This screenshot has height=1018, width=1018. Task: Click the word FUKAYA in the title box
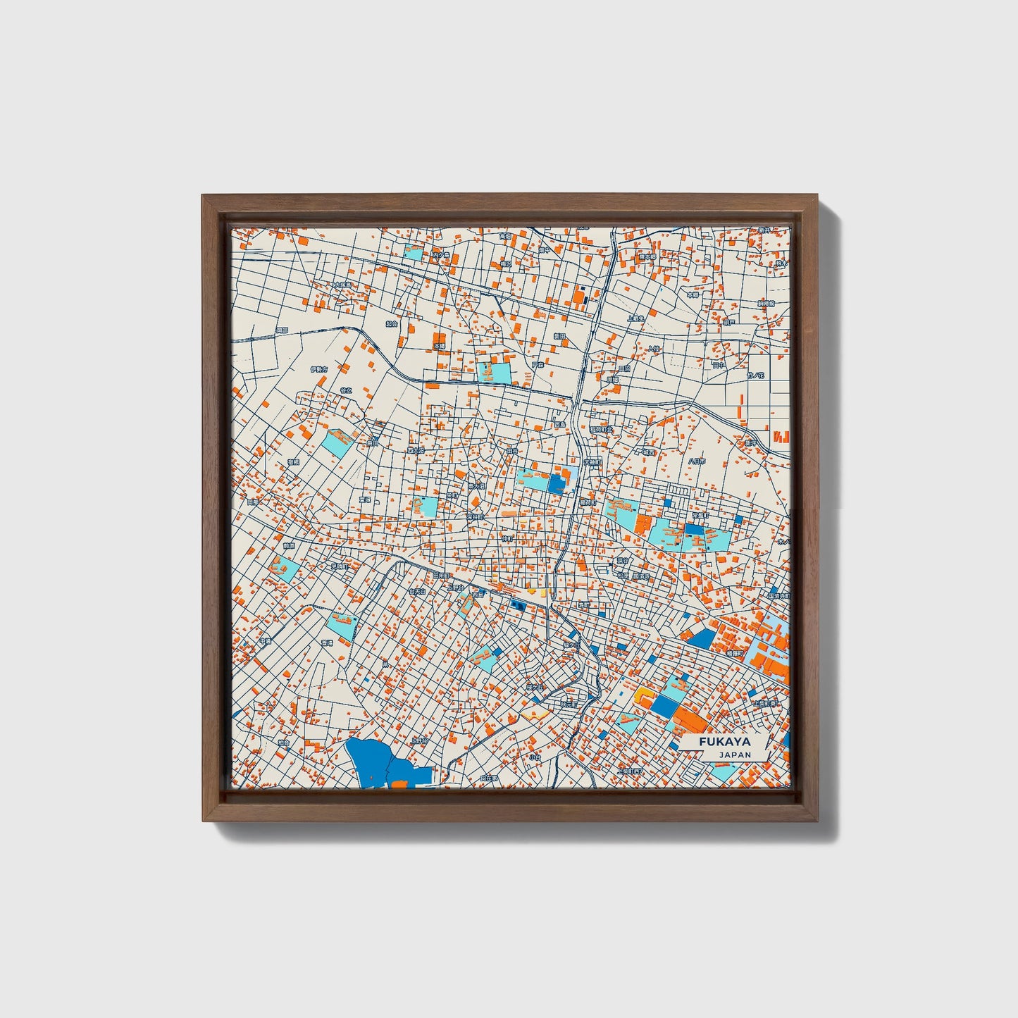point(725,742)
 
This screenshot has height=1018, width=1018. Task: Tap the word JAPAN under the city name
point(735,755)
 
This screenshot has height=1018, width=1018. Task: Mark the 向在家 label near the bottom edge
point(488,778)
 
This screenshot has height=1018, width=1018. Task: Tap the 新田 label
point(559,337)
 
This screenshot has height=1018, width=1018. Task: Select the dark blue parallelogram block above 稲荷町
point(702,638)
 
